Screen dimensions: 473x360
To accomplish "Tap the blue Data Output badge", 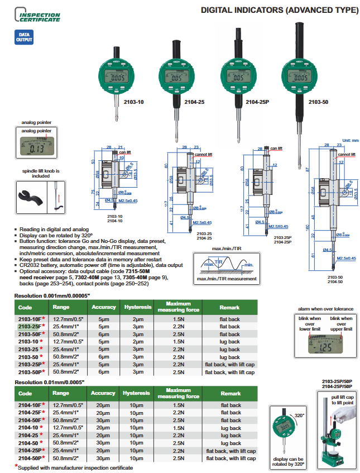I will [x=25, y=37].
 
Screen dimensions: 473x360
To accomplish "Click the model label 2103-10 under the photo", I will [x=133, y=102].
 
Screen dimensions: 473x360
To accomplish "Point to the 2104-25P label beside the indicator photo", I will [x=258, y=102].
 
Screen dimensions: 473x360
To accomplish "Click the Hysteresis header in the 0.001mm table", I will [x=137, y=307].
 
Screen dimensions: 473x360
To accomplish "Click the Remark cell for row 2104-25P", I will [x=231, y=450].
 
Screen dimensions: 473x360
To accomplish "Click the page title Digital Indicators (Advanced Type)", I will [x=279, y=10].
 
